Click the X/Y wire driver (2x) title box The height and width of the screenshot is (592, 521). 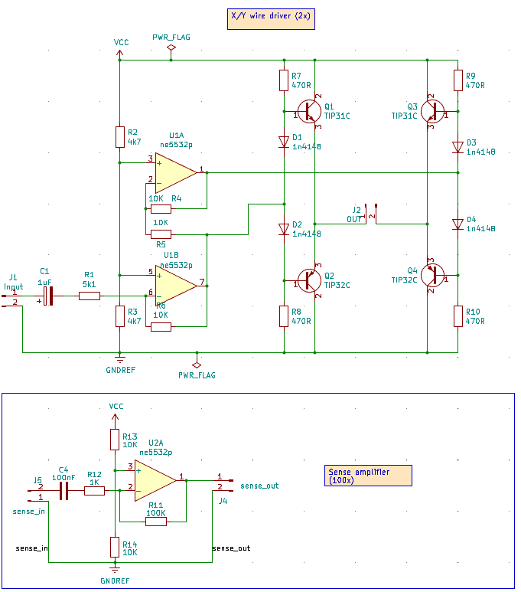(x=271, y=19)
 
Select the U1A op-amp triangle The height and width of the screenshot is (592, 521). (x=176, y=173)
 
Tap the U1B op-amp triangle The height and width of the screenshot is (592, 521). (x=176, y=286)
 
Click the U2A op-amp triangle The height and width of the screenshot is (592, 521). (x=155, y=480)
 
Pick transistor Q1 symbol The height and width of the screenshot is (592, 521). (x=309, y=112)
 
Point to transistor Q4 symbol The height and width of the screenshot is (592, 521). (x=432, y=276)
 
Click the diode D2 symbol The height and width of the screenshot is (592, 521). (x=284, y=229)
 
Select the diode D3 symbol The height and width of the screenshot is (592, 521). (x=458, y=147)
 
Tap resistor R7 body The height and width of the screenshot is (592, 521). (x=284, y=80)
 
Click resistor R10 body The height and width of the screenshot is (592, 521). (x=458, y=316)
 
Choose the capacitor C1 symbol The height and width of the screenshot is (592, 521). (x=48, y=296)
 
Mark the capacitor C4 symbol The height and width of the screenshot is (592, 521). (x=63, y=491)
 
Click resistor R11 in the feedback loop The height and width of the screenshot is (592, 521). (x=156, y=522)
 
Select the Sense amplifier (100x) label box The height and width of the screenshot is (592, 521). (x=368, y=476)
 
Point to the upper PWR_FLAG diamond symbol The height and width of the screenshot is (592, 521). (x=171, y=48)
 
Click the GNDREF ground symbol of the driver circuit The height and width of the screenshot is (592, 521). (x=119, y=358)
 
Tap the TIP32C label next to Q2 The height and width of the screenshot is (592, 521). (x=337, y=285)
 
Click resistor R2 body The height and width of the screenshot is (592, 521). (x=119, y=137)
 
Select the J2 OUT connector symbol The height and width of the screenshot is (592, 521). (x=371, y=214)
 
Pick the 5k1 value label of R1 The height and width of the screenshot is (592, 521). (x=89, y=284)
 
